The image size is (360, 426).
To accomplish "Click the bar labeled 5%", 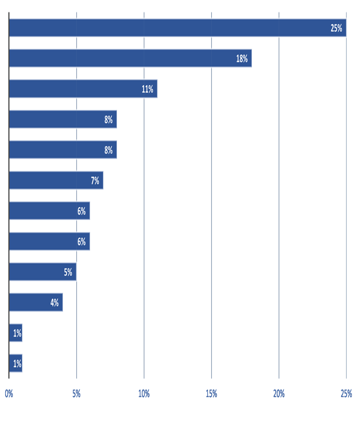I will (x=43, y=272).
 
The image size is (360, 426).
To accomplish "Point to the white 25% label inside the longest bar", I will (x=336, y=28).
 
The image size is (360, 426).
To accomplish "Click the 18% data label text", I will (x=242, y=58).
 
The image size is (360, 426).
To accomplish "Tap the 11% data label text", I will (x=147, y=89).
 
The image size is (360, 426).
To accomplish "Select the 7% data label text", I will (x=95, y=180).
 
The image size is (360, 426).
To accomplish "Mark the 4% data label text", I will (x=55, y=303).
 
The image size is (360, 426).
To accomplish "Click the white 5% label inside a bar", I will (x=68, y=272).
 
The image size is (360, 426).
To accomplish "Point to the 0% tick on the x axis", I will (x=9, y=393).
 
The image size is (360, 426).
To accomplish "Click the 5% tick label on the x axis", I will (x=76, y=393).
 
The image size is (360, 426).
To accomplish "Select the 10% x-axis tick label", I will (x=144, y=393).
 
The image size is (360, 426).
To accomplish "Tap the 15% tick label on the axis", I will (x=211, y=393).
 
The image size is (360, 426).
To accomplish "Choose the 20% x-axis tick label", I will (x=279, y=393).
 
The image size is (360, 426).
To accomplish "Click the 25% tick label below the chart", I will (x=346, y=393).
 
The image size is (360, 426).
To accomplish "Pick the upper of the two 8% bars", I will (x=63, y=119).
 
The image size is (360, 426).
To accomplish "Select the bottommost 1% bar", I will (x=16, y=363).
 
